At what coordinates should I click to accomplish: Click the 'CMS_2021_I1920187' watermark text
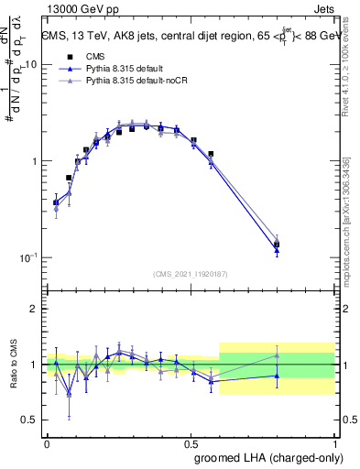[191, 274]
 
